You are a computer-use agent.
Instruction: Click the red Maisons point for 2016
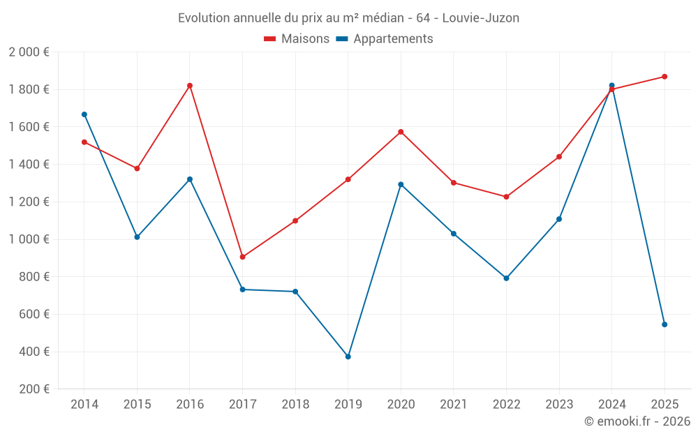pyautogui.click(x=190, y=86)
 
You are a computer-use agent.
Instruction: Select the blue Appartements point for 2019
pyautogui.click(x=348, y=356)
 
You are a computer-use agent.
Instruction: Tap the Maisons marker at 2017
pyautogui.click(x=242, y=257)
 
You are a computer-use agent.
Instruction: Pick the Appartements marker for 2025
pyautogui.click(x=664, y=324)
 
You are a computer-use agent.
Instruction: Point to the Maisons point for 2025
pyautogui.click(x=664, y=77)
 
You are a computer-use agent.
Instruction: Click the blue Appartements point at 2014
pyautogui.click(x=84, y=114)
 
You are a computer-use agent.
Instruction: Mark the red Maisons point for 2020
pyautogui.click(x=401, y=132)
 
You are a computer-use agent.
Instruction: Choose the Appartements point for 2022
pyautogui.click(x=506, y=278)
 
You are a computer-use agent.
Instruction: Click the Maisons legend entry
pyautogui.click(x=297, y=39)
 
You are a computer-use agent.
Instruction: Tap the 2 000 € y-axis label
pyautogui.click(x=29, y=52)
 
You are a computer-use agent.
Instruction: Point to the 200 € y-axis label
pyautogui.click(x=34, y=389)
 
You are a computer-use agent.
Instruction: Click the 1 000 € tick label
pyautogui.click(x=29, y=239)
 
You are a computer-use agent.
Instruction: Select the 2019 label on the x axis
pyautogui.click(x=348, y=405)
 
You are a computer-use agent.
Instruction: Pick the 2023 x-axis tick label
pyautogui.click(x=559, y=405)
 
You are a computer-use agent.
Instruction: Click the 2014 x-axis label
pyautogui.click(x=84, y=405)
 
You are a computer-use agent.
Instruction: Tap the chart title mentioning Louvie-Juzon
pyautogui.click(x=348, y=18)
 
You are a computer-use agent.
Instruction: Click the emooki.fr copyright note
pyautogui.click(x=637, y=421)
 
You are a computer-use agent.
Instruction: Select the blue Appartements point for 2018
pyautogui.click(x=295, y=292)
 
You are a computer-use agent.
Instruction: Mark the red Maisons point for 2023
pyautogui.click(x=559, y=157)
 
